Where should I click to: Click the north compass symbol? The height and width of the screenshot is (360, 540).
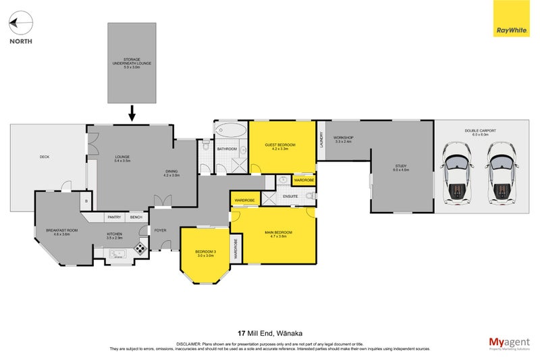(21, 26)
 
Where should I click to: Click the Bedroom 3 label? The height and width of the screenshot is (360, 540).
(205, 253)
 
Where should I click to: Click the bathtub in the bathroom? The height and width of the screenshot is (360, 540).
(230, 130)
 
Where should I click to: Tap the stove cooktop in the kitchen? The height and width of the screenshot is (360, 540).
(141, 248)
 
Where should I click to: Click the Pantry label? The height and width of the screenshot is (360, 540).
(114, 217)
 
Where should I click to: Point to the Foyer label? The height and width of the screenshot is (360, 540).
(160, 230)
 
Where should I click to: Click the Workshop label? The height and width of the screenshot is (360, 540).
(344, 138)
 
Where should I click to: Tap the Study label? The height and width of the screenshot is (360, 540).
(402, 168)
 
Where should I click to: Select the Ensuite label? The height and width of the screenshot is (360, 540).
(290, 197)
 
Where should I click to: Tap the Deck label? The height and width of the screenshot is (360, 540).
(45, 157)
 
